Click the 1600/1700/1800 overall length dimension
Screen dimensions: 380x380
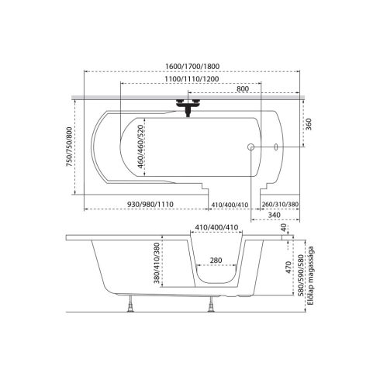click(192, 66)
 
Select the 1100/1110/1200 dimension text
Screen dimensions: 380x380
click(192, 79)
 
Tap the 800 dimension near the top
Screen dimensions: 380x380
click(243, 88)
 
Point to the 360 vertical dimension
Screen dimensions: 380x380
click(309, 124)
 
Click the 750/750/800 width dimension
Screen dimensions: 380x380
click(70, 147)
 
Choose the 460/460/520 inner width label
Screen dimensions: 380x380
click(140, 147)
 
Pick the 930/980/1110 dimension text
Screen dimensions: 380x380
click(150, 204)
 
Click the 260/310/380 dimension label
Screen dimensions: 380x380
click(280, 205)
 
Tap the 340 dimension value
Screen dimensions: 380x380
click(275, 215)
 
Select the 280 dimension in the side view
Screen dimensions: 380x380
click(216, 260)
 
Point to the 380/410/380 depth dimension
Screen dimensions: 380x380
click(157, 263)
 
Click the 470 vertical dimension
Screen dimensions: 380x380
click(288, 268)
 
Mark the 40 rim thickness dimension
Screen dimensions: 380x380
click(284, 228)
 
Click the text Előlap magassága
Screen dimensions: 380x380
click(311, 276)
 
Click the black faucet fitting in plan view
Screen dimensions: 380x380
click(188, 106)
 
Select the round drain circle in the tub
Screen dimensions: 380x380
click(250, 147)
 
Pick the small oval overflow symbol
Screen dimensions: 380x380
click(276, 147)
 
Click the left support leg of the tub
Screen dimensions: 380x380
click(131, 304)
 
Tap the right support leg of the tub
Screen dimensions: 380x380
click(211, 304)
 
